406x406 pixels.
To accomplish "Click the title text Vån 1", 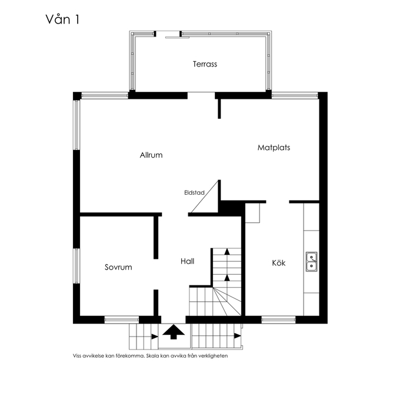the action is (x=62, y=19).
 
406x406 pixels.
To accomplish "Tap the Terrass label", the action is (x=205, y=64).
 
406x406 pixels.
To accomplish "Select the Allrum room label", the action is (x=151, y=155).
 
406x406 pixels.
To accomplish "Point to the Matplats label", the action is (x=274, y=148).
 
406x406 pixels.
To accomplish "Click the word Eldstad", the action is (x=194, y=192).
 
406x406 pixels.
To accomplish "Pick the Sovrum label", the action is (x=118, y=267).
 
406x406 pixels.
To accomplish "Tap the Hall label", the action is (x=188, y=261).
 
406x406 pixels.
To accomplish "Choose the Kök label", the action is (x=278, y=263).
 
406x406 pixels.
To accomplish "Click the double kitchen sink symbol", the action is (x=311, y=261).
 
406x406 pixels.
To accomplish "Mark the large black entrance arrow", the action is (x=174, y=332).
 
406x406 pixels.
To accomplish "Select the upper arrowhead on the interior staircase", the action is (x=227, y=251).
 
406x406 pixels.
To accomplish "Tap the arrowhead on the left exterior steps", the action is (x=155, y=337).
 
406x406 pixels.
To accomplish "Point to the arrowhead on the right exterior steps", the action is (x=238, y=336).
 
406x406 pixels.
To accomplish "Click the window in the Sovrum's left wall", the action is (x=76, y=265).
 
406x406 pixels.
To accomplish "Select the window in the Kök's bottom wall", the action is (x=278, y=320).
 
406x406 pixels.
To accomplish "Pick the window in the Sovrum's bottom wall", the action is (x=121, y=320).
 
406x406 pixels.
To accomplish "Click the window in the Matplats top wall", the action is (x=295, y=95).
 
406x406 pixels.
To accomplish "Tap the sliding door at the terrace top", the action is (x=177, y=38).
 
